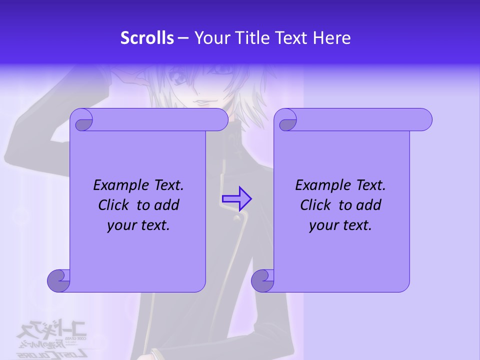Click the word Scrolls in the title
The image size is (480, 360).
tap(147, 38)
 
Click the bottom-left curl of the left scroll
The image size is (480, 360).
tap(58, 281)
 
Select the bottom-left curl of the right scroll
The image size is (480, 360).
tap(262, 281)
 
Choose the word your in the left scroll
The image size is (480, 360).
tap(121, 226)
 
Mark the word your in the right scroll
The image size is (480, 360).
tap(323, 226)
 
